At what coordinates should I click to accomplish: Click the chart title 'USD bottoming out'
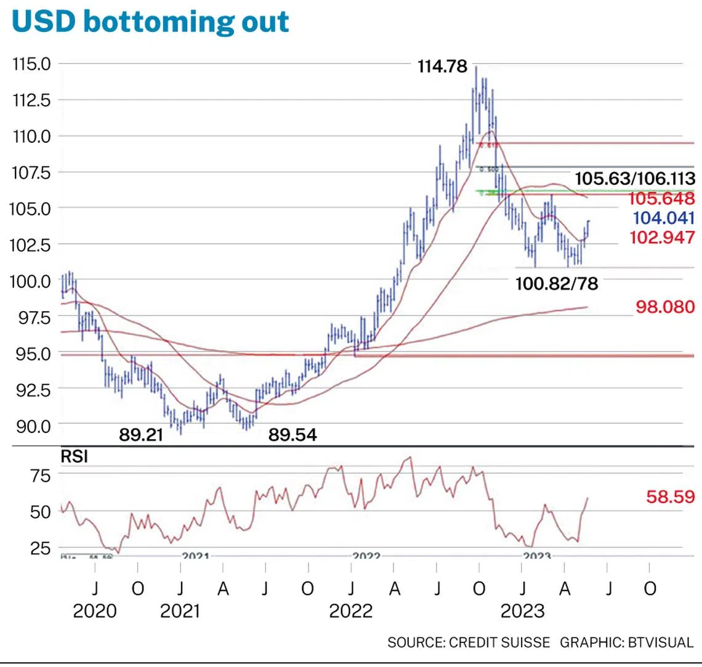click(150, 22)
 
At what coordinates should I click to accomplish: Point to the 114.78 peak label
click(442, 67)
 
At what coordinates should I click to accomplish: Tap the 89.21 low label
click(141, 435)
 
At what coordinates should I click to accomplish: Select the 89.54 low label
click(292, 435)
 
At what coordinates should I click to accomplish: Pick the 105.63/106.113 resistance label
click(634, 179)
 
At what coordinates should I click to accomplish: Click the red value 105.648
click(661, 198)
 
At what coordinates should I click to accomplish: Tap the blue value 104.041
click(664, 218)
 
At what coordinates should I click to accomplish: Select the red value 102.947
click(662, 237)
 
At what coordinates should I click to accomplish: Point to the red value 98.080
click(665, 307)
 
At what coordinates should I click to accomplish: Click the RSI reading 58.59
click(670, 496)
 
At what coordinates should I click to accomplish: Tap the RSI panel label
click(74, 456)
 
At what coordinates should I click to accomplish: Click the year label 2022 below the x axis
click(351, 611)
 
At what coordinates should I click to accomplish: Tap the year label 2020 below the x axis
click(95, 611)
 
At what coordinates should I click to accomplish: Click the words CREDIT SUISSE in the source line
click(499, 642)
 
